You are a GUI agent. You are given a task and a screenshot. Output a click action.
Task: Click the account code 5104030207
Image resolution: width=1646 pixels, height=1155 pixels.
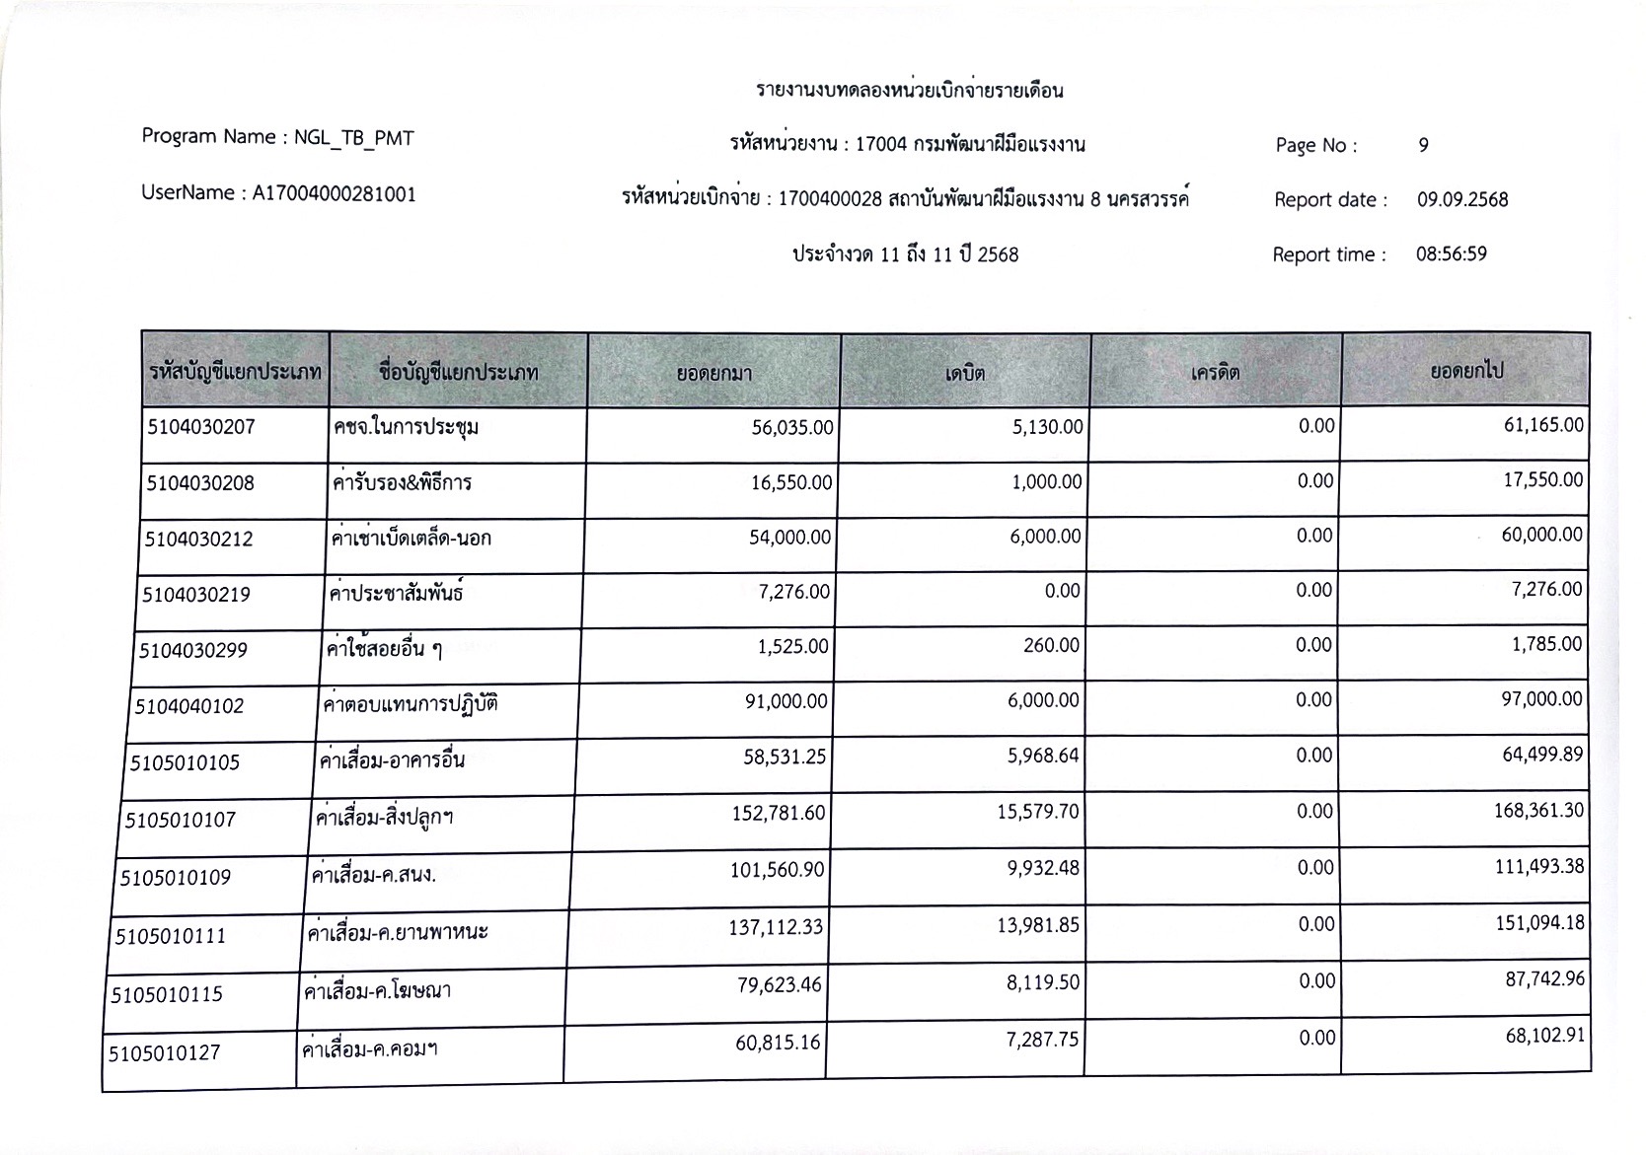pyautogui.click(x=201, y=428)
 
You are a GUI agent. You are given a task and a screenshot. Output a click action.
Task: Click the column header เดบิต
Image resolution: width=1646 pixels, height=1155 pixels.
pyautogui.click(x=964, y=373)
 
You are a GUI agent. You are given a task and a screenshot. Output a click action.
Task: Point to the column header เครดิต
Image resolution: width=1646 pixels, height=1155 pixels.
pyautogui.click(x=1215, y=373)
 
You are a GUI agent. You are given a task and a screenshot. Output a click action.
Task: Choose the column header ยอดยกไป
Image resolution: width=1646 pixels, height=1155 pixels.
pyautogui.click(x=1466, y=372)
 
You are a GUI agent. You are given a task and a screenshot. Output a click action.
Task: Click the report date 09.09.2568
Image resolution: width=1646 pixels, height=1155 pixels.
pyautogui.click(x=1462, y=199)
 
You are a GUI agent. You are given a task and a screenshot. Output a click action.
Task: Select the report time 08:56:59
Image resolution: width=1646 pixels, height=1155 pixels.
pyautogui.click(x=1451, y=253)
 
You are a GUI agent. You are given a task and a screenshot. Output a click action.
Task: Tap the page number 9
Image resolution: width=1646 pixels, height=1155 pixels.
pyautogui.click(x=1423, y=145)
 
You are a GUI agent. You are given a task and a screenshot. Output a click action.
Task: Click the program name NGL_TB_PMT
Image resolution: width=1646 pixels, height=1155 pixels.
pyautogui.click(x=353, y=138)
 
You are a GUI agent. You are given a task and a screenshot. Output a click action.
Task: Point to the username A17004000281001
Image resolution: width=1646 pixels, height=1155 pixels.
pyautogui.click(x=334, y=193)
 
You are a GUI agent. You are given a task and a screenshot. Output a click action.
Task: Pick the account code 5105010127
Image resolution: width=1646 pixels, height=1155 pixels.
pyautogui.click(x=165, y=1052)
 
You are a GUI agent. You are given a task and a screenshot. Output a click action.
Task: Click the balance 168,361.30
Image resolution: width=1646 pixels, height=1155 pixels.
pyautogui.click(x=1538, y=811)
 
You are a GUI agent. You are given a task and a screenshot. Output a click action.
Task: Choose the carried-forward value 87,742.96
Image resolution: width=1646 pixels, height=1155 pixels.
pyautogui.click(x=1544, y=981)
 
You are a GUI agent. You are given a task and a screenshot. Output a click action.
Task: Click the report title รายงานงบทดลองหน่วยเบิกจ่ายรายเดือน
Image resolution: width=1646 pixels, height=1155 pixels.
pyautogui.click(x=909, y=91)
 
